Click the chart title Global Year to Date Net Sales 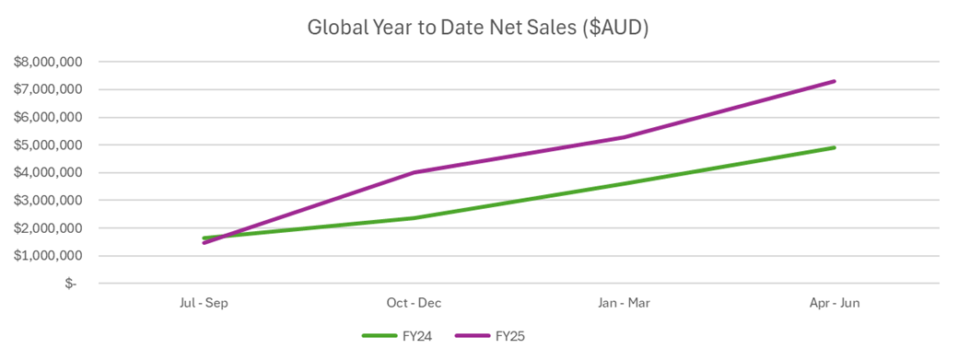[478, 28]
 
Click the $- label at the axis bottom [71, 283]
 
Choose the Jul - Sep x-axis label [204, 303]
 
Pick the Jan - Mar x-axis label [625, 303]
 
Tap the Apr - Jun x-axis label [835, 303]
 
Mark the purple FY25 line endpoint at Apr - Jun [835, 81]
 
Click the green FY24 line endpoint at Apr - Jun [835, 147]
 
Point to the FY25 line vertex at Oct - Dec [415, 172]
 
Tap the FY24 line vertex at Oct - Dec [415, 217]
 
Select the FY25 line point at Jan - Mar [625, 137]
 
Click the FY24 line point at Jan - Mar [625, 183]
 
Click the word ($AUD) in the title [615, 28]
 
